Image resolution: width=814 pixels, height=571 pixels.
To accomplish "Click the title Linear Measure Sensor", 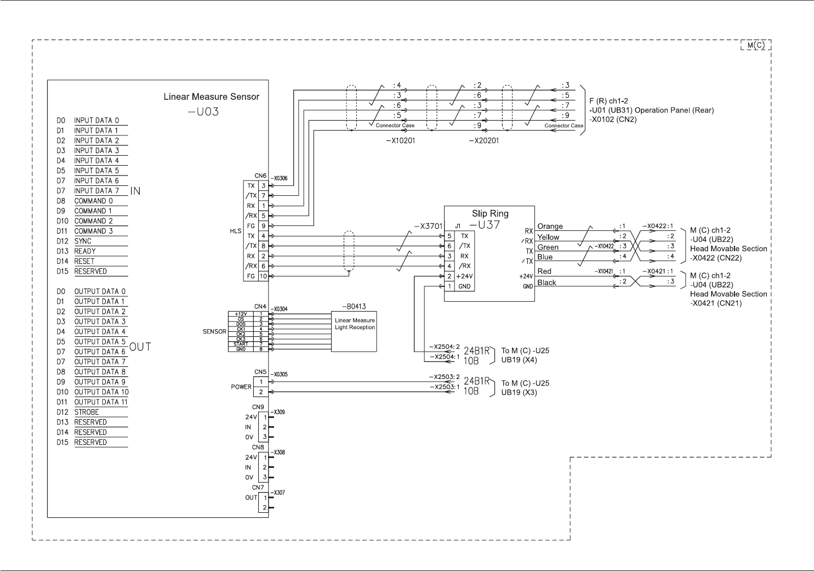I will [211, 97].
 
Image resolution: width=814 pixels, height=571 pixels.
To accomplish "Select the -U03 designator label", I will [203, 112].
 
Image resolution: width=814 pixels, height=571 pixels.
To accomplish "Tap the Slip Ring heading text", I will [490, 214].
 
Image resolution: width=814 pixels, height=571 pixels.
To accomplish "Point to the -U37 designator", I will [485, 225].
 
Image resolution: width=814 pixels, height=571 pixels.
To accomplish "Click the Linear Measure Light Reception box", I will [354, 332].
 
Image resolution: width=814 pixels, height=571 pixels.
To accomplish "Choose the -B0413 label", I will [354, 307].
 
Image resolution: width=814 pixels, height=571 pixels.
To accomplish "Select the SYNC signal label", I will [83, 241].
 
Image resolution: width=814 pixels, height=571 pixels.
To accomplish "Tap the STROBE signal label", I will [87, 412].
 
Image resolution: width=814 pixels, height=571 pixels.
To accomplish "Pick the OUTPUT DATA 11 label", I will [101, 402].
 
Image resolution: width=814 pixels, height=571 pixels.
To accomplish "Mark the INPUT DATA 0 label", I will [96, 121].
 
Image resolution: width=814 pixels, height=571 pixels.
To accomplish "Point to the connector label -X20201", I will [484, 140].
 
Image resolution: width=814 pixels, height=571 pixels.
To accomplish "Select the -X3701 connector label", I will [428, 225].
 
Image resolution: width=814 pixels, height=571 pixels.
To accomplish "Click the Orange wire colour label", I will [550, 227].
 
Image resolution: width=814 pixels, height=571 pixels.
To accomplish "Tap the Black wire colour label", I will [547, 283].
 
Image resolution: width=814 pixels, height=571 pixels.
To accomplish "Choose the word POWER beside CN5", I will [241, 387].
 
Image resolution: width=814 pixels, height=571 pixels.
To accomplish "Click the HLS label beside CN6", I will [236, 231].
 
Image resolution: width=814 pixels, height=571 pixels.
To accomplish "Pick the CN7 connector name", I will [258, 488].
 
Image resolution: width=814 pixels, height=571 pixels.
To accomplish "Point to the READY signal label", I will [85, 251].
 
